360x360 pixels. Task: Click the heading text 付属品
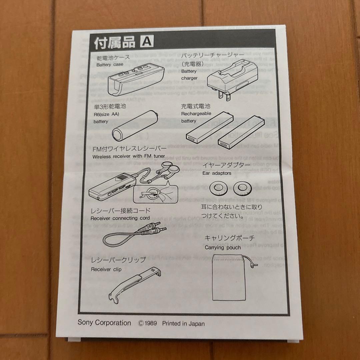coord(115,43)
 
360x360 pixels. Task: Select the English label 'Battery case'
coord(110,65)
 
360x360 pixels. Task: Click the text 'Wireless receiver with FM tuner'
coord(129,156)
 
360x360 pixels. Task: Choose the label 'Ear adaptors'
coord(217,173)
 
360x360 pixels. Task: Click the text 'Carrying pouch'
coord(223,247)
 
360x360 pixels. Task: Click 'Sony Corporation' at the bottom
coord(104,323)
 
